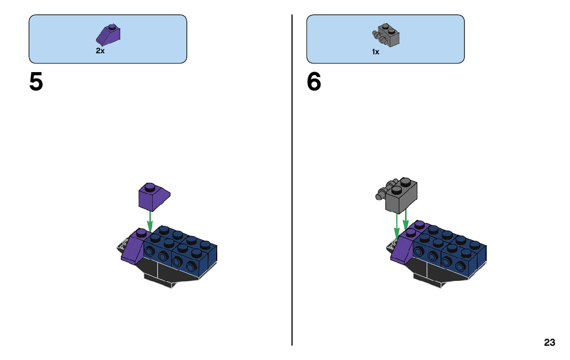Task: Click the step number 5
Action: tap(36, 82)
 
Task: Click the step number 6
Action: tap(314, 82)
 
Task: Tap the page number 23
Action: tap(549, 343)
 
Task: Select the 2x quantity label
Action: tap(100, 51)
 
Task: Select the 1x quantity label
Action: tap(376, 52)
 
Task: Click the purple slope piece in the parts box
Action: tap(108, 35)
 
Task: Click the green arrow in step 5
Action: tap(150, 221)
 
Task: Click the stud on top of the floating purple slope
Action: tap(149, 187)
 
